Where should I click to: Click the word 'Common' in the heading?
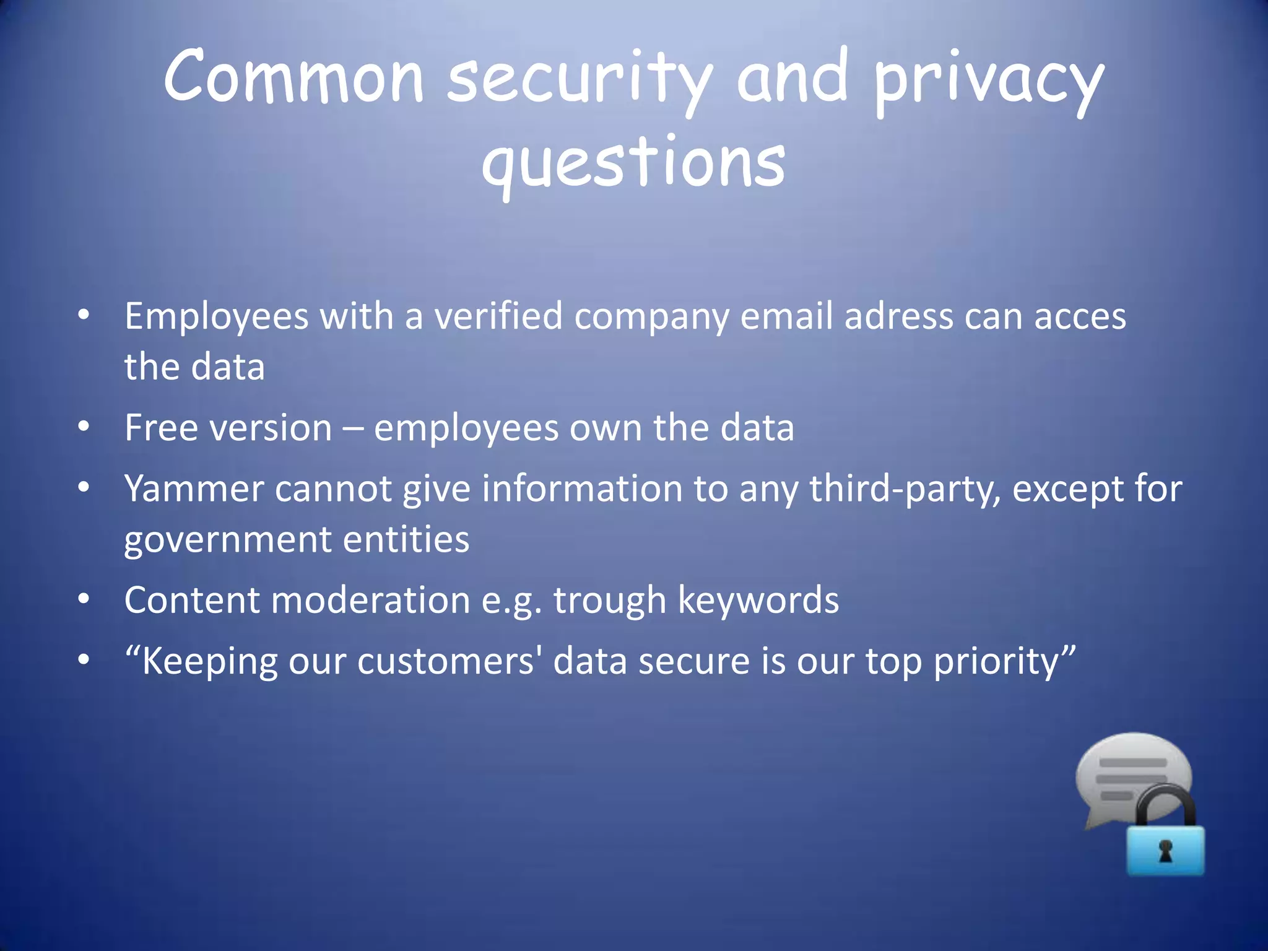[293, 77]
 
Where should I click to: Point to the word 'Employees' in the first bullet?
[216, 317]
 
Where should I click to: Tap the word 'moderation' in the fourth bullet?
[370, 601]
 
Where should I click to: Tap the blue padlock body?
[1165, 851]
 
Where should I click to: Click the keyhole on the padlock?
[1166, 852]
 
